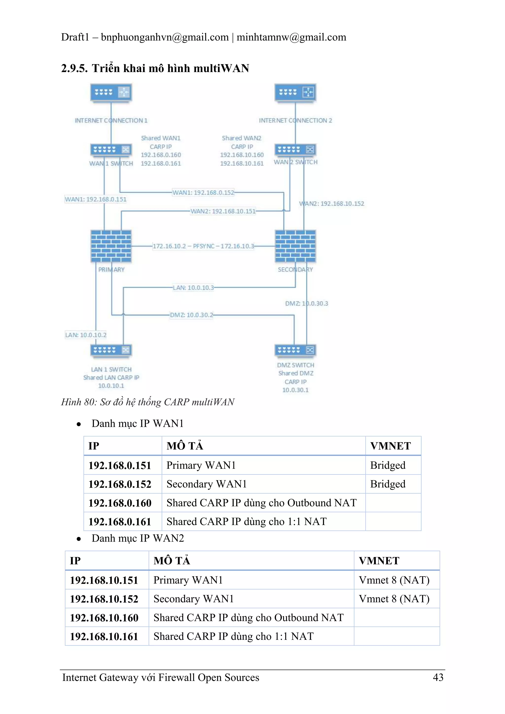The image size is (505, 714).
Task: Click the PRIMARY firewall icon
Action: point(111,246)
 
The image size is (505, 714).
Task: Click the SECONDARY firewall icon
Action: point(295,246)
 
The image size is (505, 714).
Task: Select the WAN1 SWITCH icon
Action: point(111,150)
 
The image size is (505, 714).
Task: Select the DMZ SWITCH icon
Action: point(295,350)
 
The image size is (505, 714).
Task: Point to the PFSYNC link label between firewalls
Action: point(203,246)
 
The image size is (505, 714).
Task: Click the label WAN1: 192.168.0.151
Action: point(95,199)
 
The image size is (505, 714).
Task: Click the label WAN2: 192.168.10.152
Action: point(331,204)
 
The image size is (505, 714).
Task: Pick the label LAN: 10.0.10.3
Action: point(193,288)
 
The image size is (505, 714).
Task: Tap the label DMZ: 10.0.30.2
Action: point(191,315)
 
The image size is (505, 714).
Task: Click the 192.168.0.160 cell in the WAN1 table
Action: point(120,503)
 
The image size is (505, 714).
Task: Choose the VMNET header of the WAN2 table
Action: point(379,561)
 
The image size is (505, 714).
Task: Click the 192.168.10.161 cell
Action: point(104,636)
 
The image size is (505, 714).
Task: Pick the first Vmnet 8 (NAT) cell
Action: point(394,580)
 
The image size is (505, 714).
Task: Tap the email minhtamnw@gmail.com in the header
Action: point(291,37)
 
